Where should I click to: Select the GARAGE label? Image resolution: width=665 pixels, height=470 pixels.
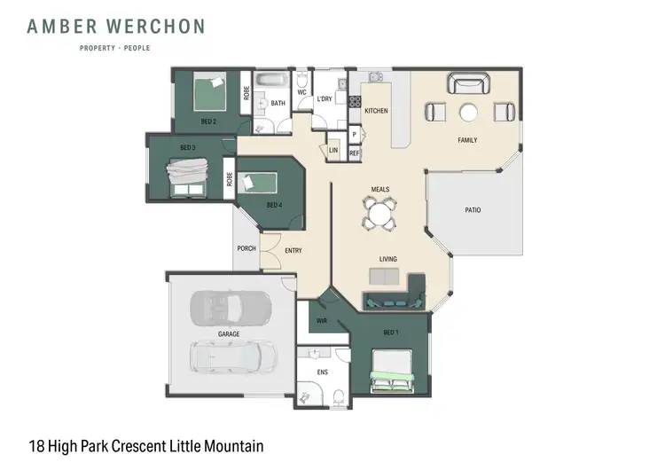click(229, 333)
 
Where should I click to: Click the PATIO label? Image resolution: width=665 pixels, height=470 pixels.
click(473, 210)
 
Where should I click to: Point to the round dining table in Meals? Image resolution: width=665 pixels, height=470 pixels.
click(379, 212)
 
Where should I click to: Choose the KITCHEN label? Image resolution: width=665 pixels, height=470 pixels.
click(376, 111)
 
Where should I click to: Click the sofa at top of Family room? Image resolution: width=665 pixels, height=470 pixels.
click(467, 84)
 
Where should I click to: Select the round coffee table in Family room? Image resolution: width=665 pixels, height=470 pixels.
click(468, 112)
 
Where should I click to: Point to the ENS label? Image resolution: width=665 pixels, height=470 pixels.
click(322, 372)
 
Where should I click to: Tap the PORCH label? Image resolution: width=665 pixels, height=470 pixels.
click(246, 248)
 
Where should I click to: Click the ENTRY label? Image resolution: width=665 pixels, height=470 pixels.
click(293, 251)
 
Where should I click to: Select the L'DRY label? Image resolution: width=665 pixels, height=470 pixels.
click(325, 99)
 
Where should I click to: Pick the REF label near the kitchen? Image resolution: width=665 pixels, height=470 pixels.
click(354, 153)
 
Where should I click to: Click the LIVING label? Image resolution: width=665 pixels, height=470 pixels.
click(387, 259)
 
